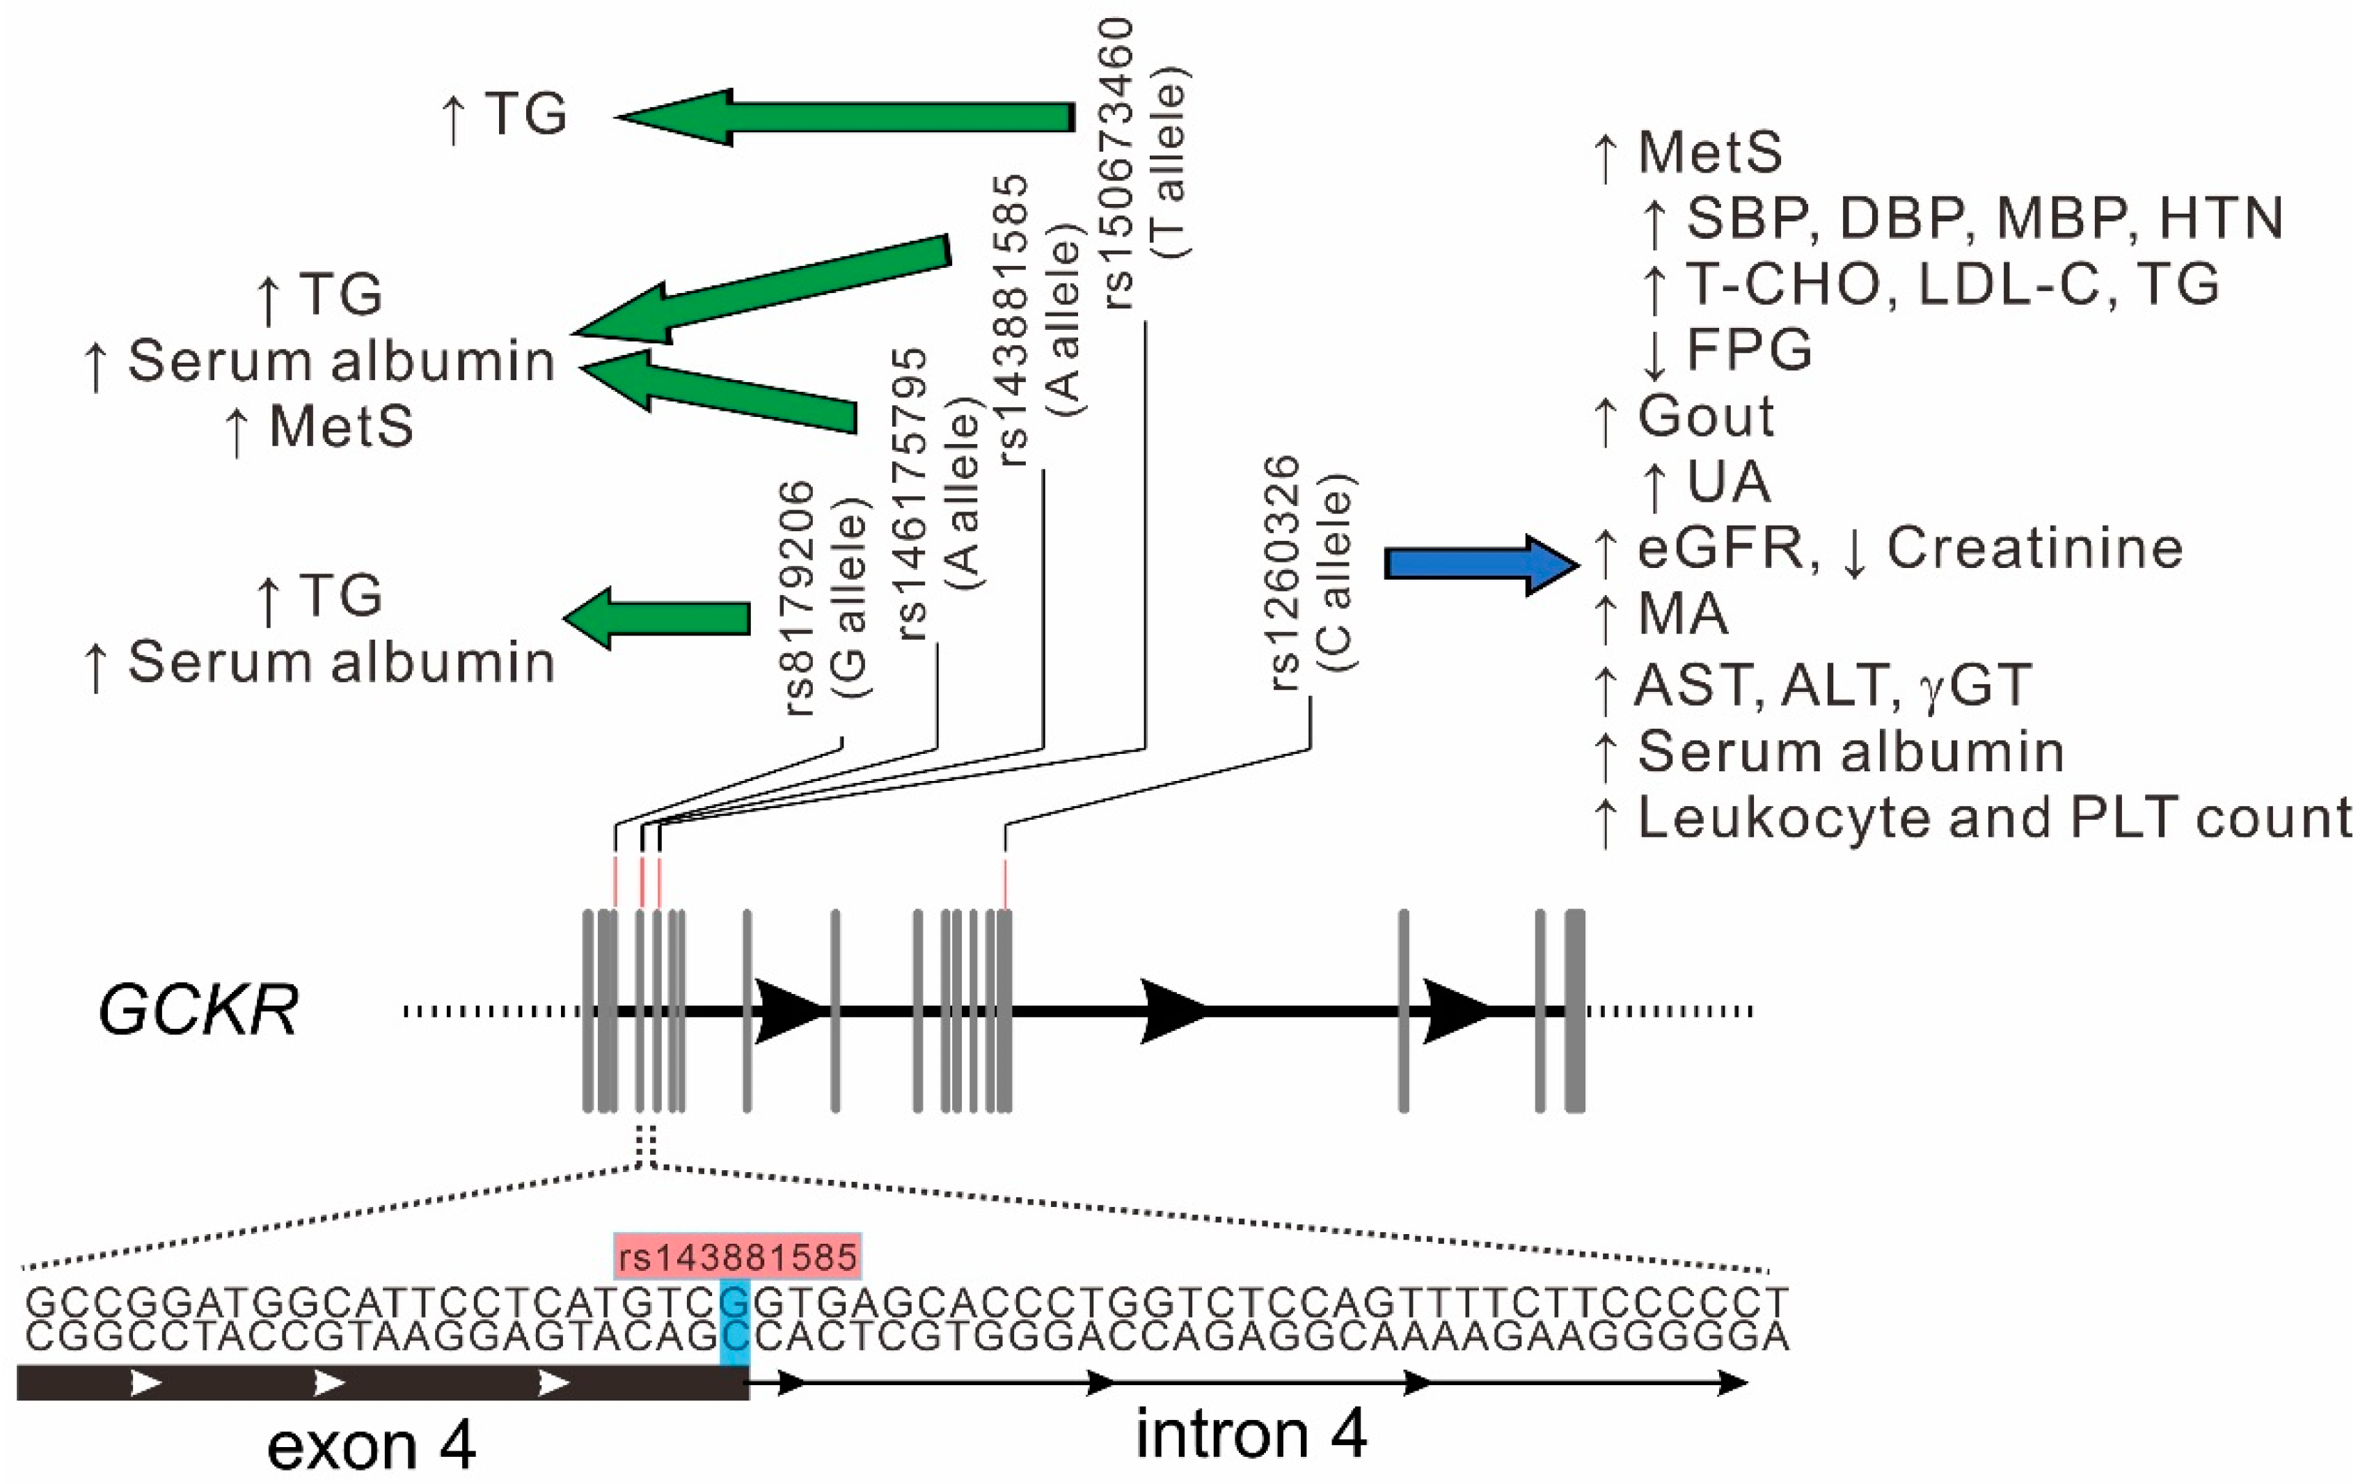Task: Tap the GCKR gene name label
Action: point(198,1011)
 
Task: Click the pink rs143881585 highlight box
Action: point(738,1256)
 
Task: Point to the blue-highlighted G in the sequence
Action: point(735,1302)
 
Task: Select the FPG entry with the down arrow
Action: point(1727,350)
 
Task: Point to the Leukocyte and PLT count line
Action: point(1972,818)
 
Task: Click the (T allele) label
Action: point(1171,162)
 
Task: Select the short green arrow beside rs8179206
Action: point(658,617)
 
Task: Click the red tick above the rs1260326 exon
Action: point(1006,883)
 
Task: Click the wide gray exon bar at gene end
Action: point(1574,1010)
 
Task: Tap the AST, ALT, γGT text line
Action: point(1831,684)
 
